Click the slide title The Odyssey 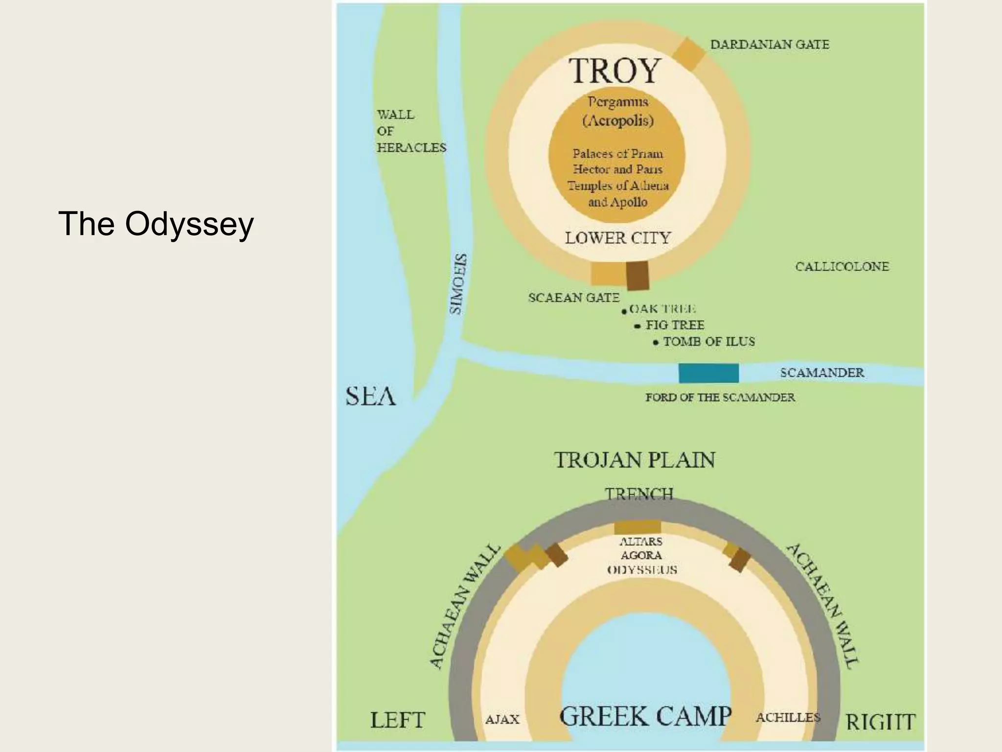click(x=156, y=224)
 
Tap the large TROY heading click(x=615, y=71)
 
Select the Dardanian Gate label click(x=770, y=45)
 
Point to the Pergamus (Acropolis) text click(x=618, y=111)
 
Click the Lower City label click(x=617, y=238)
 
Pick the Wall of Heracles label click(x=411, y=131)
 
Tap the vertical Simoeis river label click(x=457, y=284)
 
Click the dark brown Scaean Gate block click(x=638, y=275)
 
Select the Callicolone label click(x=842, y=267)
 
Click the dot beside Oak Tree click(x=624, y=311)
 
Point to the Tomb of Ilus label click(x=708, y=342)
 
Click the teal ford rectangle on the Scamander click(x=708, y=373)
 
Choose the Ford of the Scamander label click(x=720, y=397)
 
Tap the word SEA click(x=370, y=396)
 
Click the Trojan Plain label click(x=635, y=460)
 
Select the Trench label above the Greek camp click(x=639, y=493)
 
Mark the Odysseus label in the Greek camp click(x=642, y=570)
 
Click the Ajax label click(x=502, y=720)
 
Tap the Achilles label click(x=788, y=718)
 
